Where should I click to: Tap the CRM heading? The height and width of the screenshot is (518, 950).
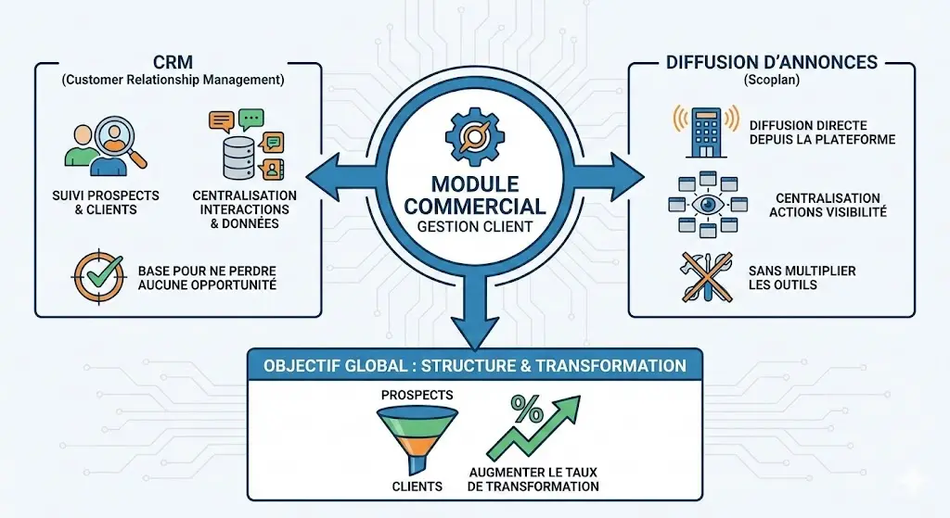(173, 63)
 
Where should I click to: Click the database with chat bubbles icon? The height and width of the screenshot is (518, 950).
(245, 145)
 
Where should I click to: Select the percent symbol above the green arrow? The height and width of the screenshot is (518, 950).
(527, 409)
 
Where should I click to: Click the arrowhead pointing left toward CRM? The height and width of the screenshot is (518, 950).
(317, 174)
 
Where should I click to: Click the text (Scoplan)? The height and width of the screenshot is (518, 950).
(771, 81)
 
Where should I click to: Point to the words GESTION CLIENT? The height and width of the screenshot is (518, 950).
(474, 225)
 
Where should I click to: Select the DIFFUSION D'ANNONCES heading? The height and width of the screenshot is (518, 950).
(771, 62)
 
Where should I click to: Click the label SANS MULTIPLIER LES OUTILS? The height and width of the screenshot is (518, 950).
(789, 277)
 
